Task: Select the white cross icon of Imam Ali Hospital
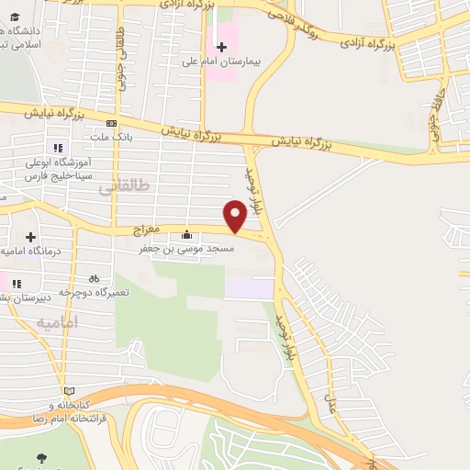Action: pos(221,45)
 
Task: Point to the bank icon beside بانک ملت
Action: pos(111,123)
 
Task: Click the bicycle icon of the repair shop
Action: pos(94,277)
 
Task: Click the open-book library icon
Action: pos(69,390)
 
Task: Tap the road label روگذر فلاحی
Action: pos(303,20)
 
